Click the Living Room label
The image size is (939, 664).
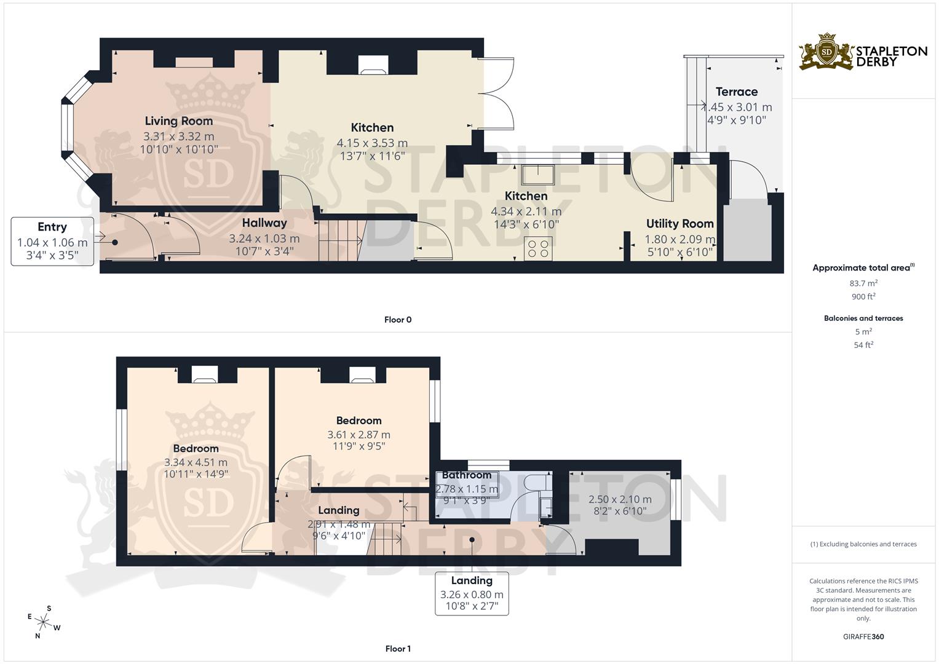tap(179, 121)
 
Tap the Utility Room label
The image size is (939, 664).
tap(679, 224)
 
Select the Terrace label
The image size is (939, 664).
tap(737, 92)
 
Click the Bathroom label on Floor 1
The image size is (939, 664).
tap(467, 475)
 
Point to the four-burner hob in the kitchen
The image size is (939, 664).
tap(538, 248)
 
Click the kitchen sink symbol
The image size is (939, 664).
tap(538, 175)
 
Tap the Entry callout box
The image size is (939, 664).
tap(52, 242)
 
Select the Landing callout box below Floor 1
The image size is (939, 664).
tap(472, 593)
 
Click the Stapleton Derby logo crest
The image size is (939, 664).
tap(826, 52)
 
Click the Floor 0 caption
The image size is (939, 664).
tap(398, 320)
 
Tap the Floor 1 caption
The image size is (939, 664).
tap(398, 649)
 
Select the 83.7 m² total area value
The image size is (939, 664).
tap(863, 283)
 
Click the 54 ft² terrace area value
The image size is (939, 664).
tap(863, 345)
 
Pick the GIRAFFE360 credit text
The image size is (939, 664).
tap(863, 637)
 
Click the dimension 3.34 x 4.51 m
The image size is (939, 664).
tap(196, 462)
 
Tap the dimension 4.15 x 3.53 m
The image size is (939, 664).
tap(372, 143)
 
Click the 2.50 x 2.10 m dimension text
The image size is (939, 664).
tap(620, 499)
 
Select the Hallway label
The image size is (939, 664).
tap(264, 223)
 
